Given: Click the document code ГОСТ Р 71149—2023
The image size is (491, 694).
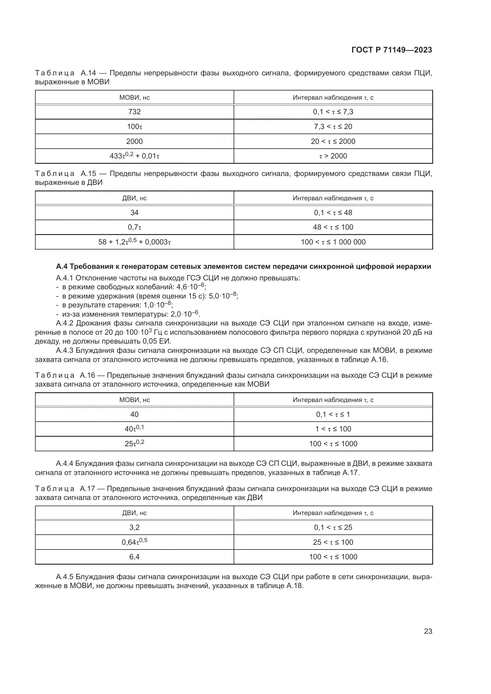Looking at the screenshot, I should click(x=392, y=50).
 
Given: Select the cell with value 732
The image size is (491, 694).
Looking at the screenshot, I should click(x=134, y=112).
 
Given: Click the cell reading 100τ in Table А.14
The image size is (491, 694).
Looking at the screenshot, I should click(x=134, y=127).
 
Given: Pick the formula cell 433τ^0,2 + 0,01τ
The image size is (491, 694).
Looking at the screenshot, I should click(x=134, y=156).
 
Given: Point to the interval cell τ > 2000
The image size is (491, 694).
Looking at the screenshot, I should click(x=333, y=156).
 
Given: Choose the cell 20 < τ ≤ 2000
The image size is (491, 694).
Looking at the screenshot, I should click(x=333, y=142).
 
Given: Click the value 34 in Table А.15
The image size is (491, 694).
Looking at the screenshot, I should click(x=134, y=212).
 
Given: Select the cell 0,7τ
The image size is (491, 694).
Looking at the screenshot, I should click(x=134, y=227).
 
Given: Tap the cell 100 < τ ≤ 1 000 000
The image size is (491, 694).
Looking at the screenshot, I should click(x=333, y=242).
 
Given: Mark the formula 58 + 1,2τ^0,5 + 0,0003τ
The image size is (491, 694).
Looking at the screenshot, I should click(x=134, y=242).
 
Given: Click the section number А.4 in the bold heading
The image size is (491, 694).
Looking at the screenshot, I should click(x=63, y=267).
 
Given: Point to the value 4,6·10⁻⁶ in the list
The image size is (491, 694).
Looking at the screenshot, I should click(x=191, y=287).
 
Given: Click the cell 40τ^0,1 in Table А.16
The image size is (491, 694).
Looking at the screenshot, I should click(x=134, y=429).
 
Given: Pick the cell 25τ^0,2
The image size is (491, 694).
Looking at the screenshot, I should click(x=134, y=443).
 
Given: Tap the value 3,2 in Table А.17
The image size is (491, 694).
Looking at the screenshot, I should click(x=134, y=528).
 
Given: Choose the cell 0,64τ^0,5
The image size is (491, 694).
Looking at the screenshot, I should click(x=134, y=542).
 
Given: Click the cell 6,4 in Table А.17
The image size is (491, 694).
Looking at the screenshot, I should click(x=134, y=557).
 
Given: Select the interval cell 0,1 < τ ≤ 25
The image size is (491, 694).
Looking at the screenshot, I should click(x=333, y=528).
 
